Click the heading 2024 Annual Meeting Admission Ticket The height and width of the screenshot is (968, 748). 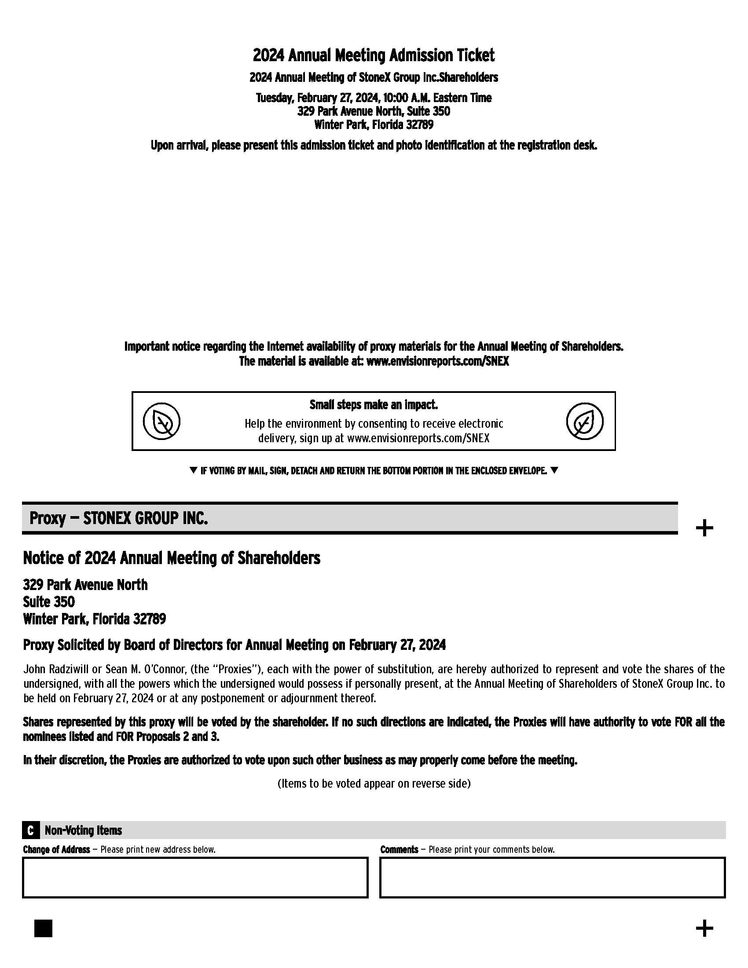(x=374, y=55)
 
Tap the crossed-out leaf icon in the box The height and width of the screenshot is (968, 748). (x=162, y=421)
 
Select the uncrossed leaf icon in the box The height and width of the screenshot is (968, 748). (x=584, y=421)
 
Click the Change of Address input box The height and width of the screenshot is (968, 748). (x=195, y=877)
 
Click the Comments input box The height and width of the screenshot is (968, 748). (x=552, y=877)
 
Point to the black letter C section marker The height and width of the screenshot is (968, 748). (x=30, y=830)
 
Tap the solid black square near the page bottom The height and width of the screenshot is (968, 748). (x=43, y=928)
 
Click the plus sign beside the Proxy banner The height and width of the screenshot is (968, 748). (x=704, y=528)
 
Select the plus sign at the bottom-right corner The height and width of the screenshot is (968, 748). (x=704, y=928)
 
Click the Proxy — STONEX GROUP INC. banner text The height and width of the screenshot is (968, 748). (x=119, y=518)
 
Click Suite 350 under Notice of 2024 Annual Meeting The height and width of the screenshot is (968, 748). (x=49, y=602)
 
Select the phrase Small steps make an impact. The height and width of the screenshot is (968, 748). (x=374, y=405)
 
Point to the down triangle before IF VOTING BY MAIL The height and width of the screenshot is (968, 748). (x=193, y=470)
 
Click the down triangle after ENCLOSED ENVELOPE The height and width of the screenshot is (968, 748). (x=554, y=470)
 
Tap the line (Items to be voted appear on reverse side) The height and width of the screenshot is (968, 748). (x=374, y=784)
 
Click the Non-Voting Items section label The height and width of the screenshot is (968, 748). (x=83, y=830)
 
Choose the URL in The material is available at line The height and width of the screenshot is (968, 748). (x=438, y=361)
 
